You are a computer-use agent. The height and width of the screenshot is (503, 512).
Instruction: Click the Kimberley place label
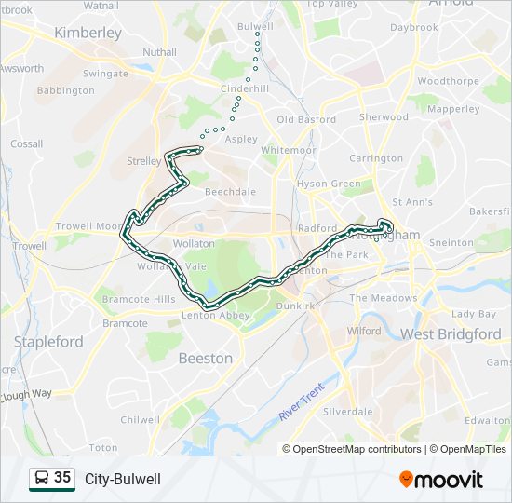point(88,33)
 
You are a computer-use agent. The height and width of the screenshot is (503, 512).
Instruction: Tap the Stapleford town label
point(48,342)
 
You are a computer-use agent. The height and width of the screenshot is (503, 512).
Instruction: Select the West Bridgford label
point(451,333)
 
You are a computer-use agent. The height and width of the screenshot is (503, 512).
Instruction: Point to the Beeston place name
point(205,358)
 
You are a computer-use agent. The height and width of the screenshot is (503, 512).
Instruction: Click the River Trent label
point(303,402)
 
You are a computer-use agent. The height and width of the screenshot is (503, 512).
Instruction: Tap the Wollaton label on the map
point(195,243)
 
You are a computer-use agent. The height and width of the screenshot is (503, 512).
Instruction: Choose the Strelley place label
point(143,161)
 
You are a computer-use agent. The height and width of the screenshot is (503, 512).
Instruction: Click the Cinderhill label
point(245,88)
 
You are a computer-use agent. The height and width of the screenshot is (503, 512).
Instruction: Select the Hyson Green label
point(329,184)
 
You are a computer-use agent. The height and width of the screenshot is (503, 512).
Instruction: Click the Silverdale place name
point(348,411)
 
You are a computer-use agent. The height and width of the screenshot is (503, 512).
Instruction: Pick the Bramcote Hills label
point(138,299)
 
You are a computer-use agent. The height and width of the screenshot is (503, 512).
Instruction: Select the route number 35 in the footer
point(62,478)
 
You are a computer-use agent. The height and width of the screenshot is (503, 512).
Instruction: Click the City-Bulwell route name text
point(123,479)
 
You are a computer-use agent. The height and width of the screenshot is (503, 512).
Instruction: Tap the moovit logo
point(441,480)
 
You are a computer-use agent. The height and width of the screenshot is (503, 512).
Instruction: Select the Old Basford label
point(306,119)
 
